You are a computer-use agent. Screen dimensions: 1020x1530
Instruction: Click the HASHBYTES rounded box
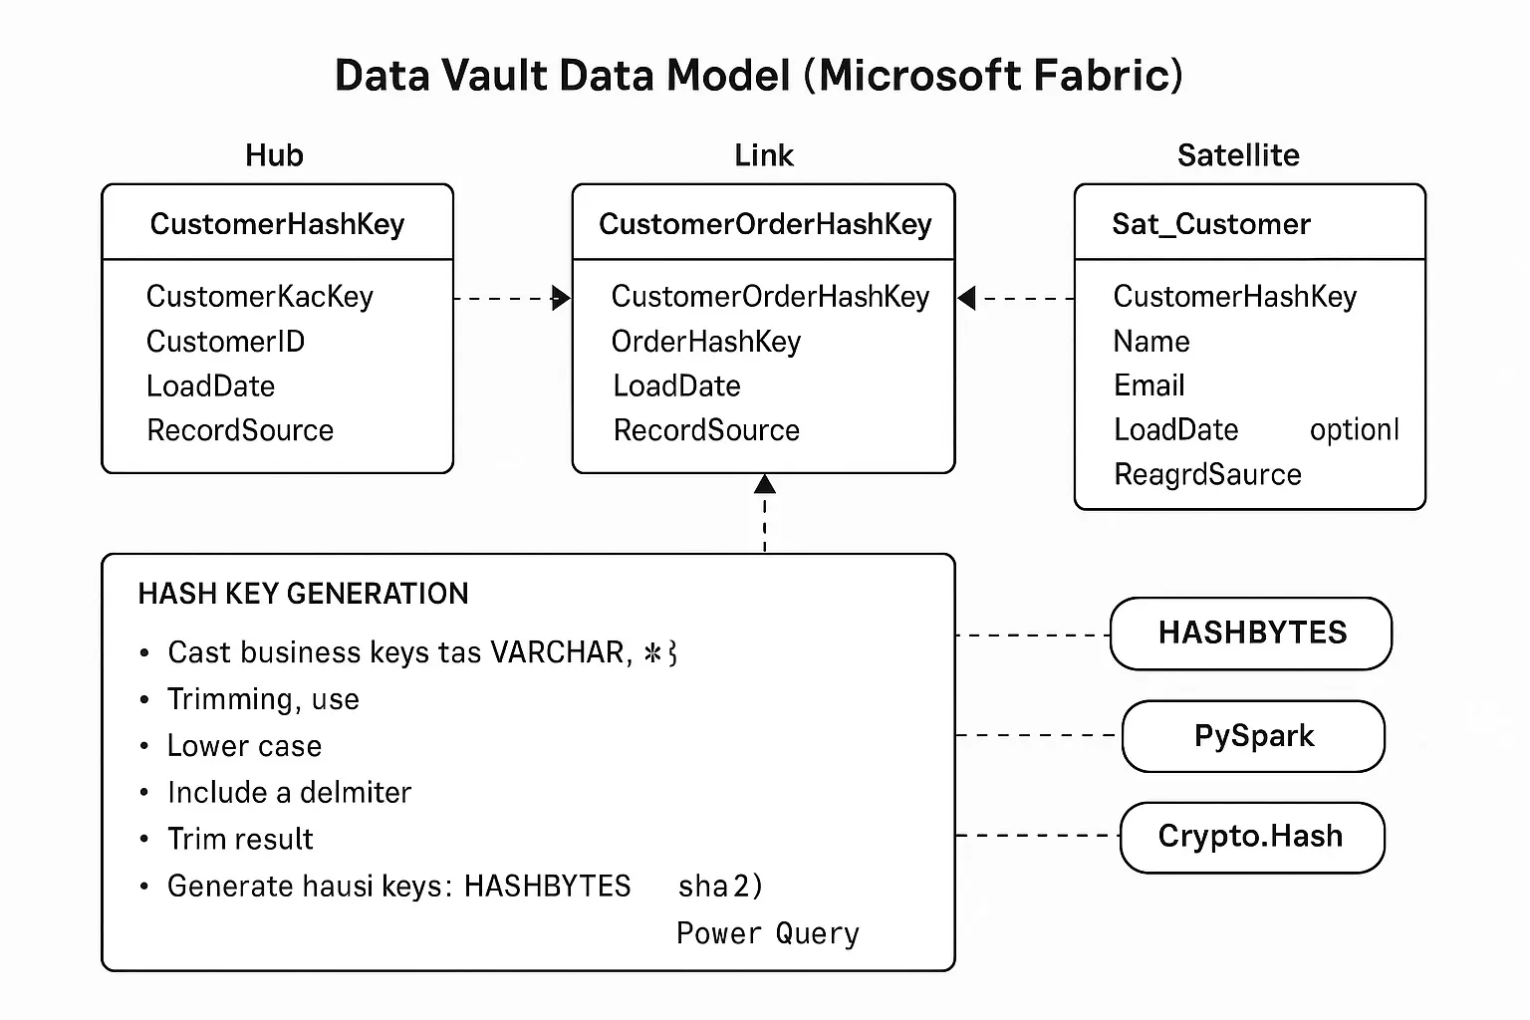click(x=1251, y=634)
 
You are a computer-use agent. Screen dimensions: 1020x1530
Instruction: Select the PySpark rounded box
click(x=1253, y=736)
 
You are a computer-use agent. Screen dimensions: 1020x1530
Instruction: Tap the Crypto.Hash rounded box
click(x=1251, y=837)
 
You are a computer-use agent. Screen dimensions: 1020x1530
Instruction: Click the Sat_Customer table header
click(x=1210, y=224)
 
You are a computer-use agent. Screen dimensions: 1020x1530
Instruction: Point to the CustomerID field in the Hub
click(x=225, y=342)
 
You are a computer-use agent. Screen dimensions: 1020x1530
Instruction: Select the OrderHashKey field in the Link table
click(x=705, y=342)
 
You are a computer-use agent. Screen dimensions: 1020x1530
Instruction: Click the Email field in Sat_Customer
click(x=1148, y=385)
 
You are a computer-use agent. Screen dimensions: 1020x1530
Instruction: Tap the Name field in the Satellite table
click(x=1150, y=342)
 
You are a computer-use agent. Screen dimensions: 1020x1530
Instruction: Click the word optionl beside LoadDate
click(x=1354, y=430)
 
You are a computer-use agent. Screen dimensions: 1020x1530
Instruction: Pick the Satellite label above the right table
click(x=1237, y=155)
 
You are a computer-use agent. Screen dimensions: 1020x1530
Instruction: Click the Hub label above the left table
click(x=274, y=155)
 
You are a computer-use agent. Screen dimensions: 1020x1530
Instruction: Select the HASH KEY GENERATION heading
click(x=303, y=594)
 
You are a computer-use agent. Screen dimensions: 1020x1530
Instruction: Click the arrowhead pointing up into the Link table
click(x=764, y=484)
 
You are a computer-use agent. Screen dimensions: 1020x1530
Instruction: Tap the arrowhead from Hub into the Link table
click(x=562, y=298)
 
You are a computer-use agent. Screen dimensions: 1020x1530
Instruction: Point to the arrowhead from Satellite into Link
click(x=966, y=298)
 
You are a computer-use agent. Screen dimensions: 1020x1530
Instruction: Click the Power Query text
click(x=767, y=933)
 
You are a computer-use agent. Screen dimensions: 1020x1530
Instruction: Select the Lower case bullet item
click(x=244, y=746)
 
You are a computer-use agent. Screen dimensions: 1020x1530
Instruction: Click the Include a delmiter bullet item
click(x=289, y=793)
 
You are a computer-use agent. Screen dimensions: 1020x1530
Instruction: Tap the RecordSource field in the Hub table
click(x=240, y=430)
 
